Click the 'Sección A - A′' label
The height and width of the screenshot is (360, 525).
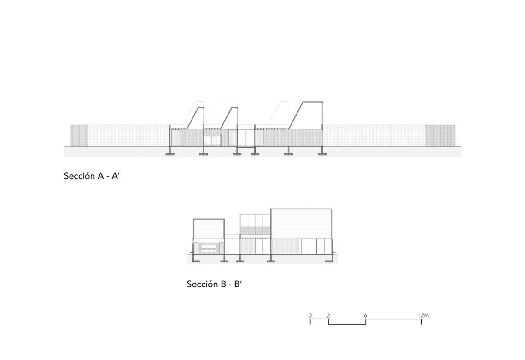point(91,176)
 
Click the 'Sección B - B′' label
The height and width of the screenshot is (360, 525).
point(214,284)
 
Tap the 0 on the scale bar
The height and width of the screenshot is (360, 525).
point(310,315)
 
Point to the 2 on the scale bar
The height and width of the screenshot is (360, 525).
point(328,315)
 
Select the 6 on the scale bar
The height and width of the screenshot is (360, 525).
point(365,315)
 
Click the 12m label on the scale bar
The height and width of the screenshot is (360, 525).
point(423,315)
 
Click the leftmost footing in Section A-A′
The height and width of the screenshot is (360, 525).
point(170,154)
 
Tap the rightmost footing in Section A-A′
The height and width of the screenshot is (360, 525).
point(322,154)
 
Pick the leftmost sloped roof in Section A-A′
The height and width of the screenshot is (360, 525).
point(195,118)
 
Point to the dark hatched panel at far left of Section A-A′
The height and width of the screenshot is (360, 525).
point(79,135)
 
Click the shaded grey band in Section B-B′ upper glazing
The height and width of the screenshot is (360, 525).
point(256,231)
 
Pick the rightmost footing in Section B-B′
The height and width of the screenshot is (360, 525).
point(329,261)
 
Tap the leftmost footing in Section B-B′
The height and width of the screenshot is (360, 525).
point(196,261)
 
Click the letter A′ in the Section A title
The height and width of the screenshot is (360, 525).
point(115,176)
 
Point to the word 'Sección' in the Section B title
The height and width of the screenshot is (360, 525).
point(202,284)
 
